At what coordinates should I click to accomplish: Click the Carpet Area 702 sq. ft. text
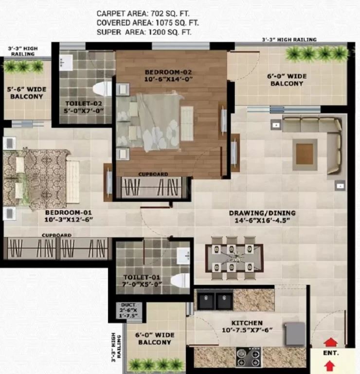click(143, 14)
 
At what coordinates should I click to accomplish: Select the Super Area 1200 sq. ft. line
click(144, 32)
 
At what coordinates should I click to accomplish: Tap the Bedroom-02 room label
click(168, 72)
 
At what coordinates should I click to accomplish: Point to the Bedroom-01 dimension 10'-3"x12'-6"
click(69, 220)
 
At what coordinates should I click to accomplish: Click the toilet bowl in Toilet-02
click(102, 89)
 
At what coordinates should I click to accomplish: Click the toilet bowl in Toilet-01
click(180, 281)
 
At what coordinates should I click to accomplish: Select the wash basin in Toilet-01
click(183, 256)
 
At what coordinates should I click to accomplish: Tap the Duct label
click(128, 305)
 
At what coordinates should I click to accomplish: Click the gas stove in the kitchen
click(249, 357)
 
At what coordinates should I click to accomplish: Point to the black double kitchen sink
click(215, 299)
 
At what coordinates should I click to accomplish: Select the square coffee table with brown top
click(305, 154)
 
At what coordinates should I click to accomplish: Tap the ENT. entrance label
click(331, 353)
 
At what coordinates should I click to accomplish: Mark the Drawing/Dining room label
click(262, 213)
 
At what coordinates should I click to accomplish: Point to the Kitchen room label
click(247, 323)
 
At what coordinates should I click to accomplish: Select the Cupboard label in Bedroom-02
click(153, 174)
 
